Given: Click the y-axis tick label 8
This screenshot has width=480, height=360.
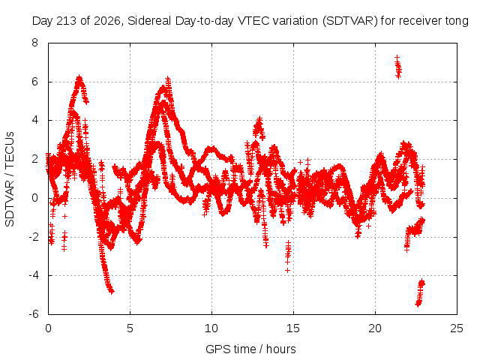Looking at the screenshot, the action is coord(34,43).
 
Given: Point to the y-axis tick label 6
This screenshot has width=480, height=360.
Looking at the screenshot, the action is coord(34,82).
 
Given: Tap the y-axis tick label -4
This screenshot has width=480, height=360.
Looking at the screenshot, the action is coord(33,275).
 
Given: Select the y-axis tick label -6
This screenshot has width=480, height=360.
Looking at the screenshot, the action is coord(33,314).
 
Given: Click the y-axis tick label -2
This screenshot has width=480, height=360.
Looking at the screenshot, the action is coord(33,237).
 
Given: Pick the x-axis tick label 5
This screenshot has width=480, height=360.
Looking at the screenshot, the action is coord(130,328).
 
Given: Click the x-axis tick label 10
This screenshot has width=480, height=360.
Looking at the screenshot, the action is coord(211,328).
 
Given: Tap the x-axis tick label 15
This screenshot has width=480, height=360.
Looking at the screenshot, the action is coord(293,328).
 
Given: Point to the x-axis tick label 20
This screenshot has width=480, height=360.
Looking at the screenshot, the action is coord(375,328).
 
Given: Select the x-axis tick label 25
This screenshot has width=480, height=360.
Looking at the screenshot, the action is coord(457,328).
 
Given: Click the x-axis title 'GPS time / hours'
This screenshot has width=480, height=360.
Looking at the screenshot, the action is coord(250,349).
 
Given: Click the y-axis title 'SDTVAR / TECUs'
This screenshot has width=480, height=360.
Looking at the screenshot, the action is coord(10,179).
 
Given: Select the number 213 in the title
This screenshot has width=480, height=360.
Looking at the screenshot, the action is coord(68,21).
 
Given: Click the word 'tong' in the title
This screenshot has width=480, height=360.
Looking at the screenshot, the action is coord(457,22).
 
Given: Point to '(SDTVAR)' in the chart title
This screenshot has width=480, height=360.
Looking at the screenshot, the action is coord(350,21).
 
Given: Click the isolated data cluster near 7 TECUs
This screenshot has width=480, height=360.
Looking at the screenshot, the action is coord(398,67).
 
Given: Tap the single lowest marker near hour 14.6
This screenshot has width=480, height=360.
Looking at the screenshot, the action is coord(287,270).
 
